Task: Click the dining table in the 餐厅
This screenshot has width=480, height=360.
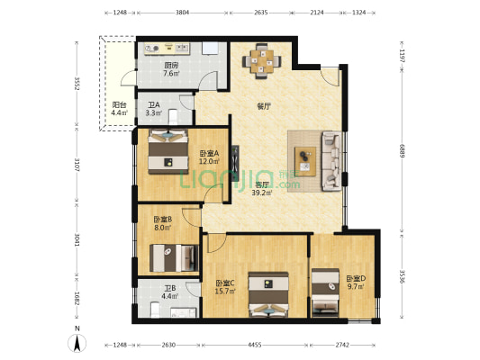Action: pos(261,61)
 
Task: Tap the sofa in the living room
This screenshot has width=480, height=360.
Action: pos(331,161)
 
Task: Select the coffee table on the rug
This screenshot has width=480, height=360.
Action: pos(305,161)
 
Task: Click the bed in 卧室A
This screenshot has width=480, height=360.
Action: pos(168,152)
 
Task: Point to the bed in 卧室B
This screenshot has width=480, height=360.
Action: pos(174,257)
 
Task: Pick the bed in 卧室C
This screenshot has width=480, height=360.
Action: pos(268,294)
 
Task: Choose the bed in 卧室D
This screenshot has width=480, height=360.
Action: pos(325,293)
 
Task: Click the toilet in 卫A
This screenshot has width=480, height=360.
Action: pos(173,117)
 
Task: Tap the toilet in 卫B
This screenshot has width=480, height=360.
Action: pos(155,310)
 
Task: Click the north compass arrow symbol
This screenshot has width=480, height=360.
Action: pos(77,343)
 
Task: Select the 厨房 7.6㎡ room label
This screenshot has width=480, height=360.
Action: pos(171,69)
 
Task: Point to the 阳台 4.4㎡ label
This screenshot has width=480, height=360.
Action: pos(119,109)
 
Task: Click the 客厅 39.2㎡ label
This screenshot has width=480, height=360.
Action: pos(262,189)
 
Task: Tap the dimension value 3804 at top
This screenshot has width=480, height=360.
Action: pos(182,13)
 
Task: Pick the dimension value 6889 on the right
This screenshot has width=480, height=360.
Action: pos(402,150)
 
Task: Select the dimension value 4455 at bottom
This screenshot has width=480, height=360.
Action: pos(254,345)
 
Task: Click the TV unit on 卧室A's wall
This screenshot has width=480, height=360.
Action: pos(235,163)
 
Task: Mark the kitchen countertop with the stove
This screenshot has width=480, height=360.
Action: pos(167,49)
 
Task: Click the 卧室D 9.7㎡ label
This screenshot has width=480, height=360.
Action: pos(356,283)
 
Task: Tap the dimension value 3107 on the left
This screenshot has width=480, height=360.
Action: pos(77,165)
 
